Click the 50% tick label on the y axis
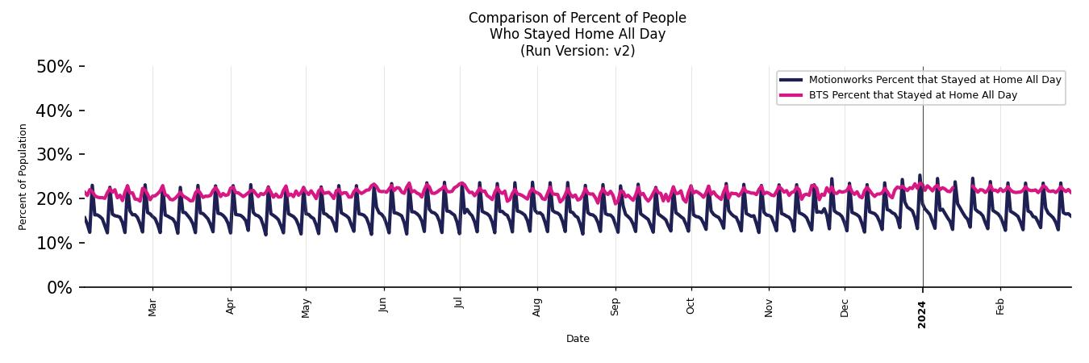(x=54, y=67)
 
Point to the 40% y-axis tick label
(x=54, y=111)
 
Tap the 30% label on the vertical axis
(x=54, y=155)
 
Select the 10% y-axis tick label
(x=54, y=244)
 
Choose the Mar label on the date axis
(x=152, y=307)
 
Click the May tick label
(x=306, y=308)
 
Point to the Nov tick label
(x=769, y=307)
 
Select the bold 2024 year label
(x=923, y=314)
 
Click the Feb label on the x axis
(x=1000, y=307)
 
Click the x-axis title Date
(x=578, y=339)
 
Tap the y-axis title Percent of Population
(x=23, y=177)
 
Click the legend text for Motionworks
(x=935, y=80)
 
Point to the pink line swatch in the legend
(x=791, y=95)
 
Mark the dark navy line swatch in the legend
(x=791, y=80)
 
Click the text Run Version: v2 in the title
(x=578, y=51)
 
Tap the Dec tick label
(x=845, y=307)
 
